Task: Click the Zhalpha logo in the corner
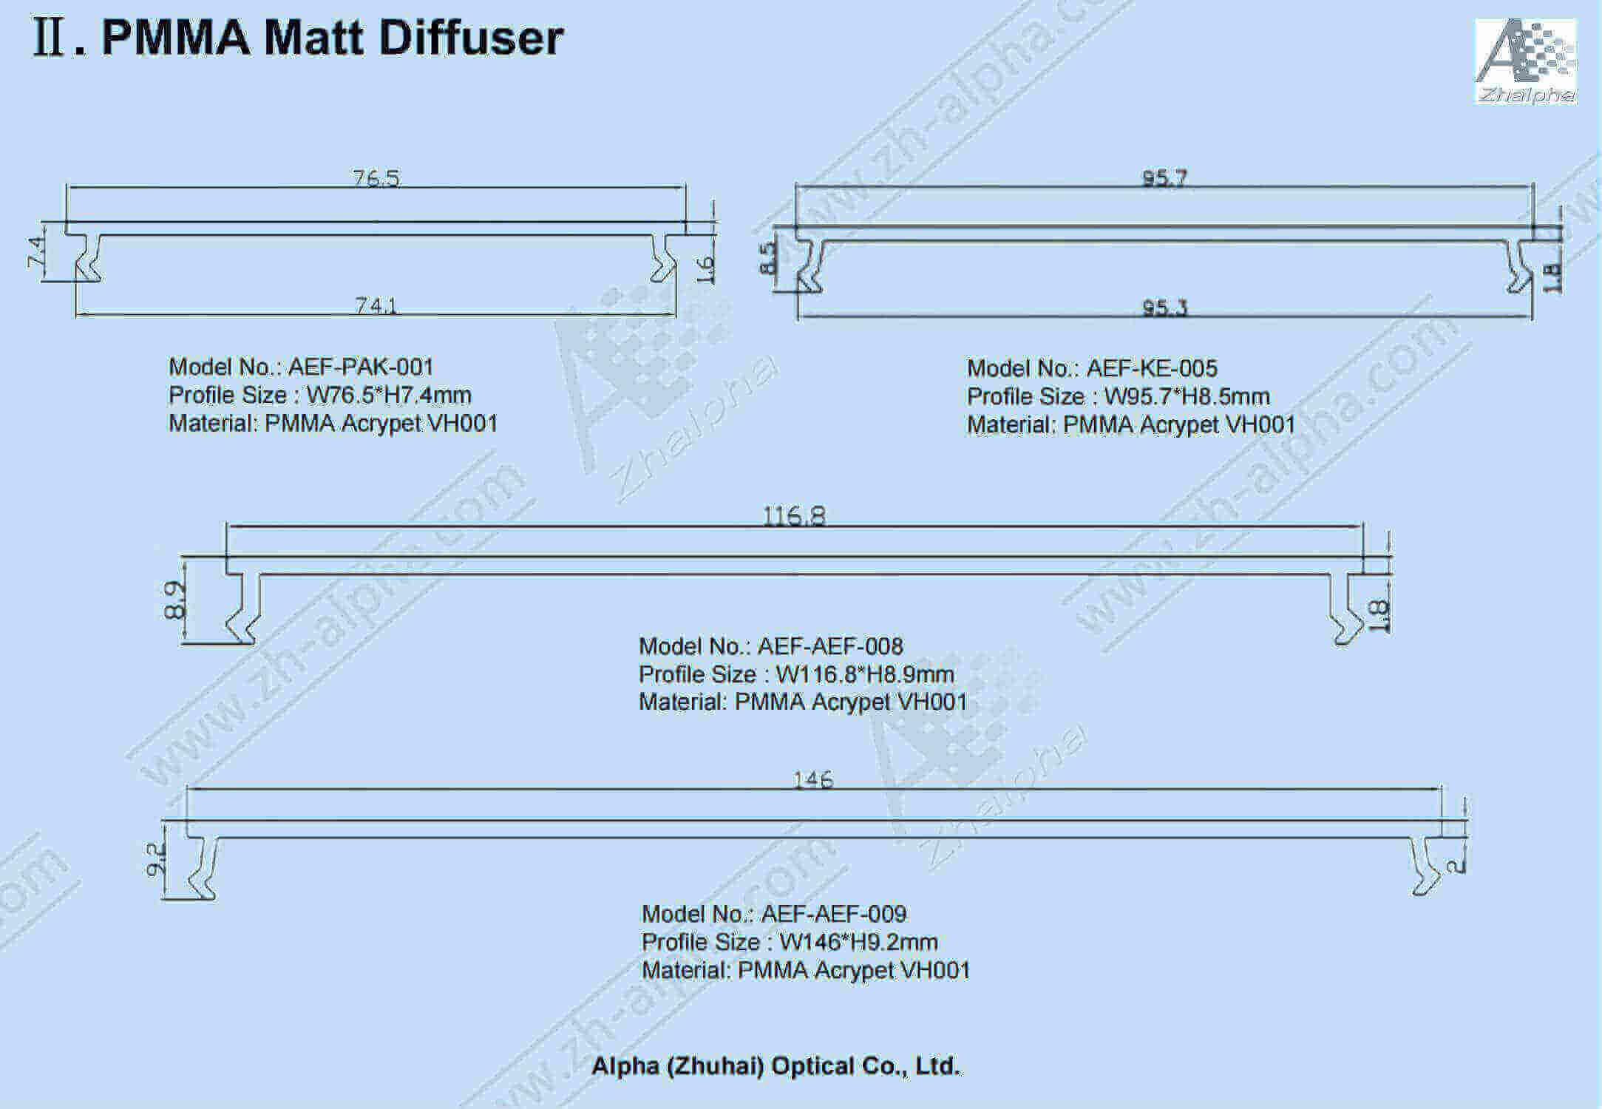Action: click(x=1526, y=61)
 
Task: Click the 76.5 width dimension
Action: click(x=376, y=178)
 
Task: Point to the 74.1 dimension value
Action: click(x=376, y=305)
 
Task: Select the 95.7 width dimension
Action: click(x=1164, y=178)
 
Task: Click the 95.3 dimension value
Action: click(x=1165, y=308)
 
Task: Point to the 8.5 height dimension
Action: click(x=769, y=258)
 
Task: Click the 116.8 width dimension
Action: click(x=794, y=515)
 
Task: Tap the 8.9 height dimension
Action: click(x=174, y=600)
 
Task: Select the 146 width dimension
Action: click(x=812, y=780)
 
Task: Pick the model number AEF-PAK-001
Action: click(x=361, y=367)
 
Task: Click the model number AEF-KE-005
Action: click(x=1152, y=368)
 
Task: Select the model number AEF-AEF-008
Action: click(x=830, y=646)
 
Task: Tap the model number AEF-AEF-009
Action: click(x=834, y=914)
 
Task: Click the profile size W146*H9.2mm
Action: click(x=859, y=942)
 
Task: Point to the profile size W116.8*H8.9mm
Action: click(x=865, y=674)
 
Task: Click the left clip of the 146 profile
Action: click(x=203, y=867)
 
